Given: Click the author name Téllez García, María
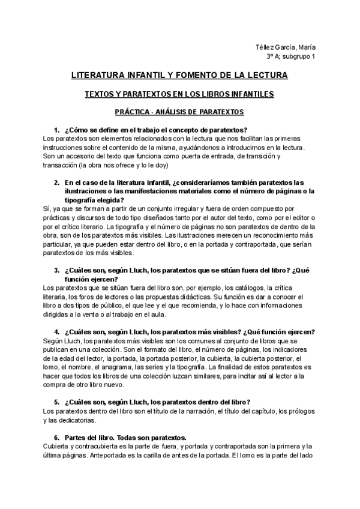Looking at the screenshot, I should pyautogui.click(x=287, y=48).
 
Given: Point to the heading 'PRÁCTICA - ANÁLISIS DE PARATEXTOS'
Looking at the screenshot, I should pyautogui.click(x=179, y=112).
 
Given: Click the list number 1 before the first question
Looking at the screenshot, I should pyautogui.click(x=56, y=130).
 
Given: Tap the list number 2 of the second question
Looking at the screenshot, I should pyautogui.click(x=56, y=182).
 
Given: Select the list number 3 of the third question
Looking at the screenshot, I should pyautogui.click(x=56, y=270).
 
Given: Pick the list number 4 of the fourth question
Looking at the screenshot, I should pyautogui.click(x=56, y=332).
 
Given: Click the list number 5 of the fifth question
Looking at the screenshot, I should pyautogui.click(x=56, y=402).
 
